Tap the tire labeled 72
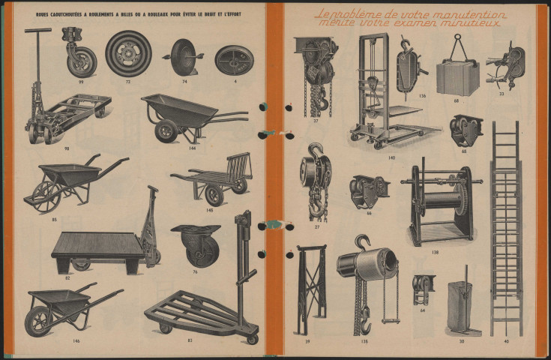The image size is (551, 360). coord(128,52)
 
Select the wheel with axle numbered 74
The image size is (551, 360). coord(183,56)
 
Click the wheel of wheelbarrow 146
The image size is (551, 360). coord(37,322)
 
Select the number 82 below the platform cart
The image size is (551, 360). coord(67,278)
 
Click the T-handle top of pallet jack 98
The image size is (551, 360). coord(38,31)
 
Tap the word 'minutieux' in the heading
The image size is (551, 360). coord(474,25)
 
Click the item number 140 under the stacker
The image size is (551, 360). coord(391,157)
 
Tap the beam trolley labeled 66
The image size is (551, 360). coord(370,191)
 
